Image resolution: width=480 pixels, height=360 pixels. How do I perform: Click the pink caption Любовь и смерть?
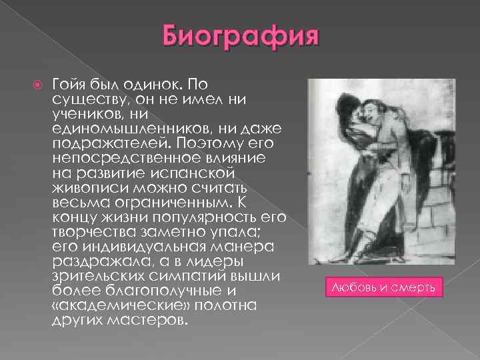coord(383,287)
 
